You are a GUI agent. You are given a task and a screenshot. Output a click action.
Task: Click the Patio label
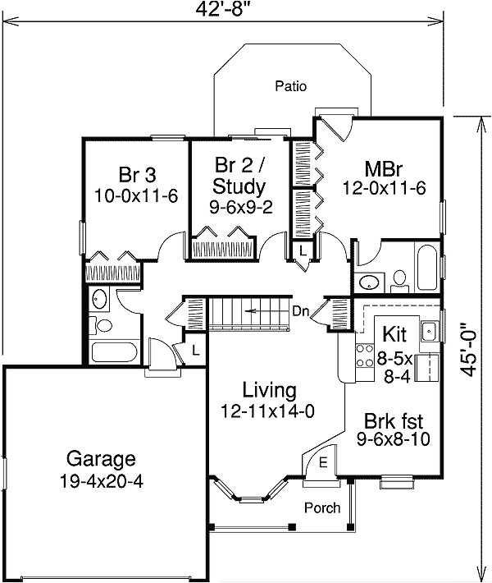pos(291,86)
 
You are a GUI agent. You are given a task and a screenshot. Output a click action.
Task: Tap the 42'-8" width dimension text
pos(221,9)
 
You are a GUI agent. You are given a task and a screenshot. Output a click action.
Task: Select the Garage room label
pos(101,459)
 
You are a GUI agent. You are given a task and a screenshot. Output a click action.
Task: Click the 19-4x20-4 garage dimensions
pos(101,482)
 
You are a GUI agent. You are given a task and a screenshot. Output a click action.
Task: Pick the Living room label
pos(270,390)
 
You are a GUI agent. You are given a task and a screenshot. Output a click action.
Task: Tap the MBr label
pos(384,169)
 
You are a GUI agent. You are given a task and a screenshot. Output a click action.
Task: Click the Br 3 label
pos(138,174)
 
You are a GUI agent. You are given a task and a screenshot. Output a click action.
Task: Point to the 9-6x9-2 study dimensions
pos(241,208)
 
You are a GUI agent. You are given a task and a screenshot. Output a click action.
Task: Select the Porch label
pos(322,507)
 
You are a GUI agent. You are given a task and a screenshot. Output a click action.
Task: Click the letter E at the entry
pos(323,462)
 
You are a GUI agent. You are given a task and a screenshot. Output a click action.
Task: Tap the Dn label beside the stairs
pos(300,311)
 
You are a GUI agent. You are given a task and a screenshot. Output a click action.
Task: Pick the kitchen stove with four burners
pos(365,356)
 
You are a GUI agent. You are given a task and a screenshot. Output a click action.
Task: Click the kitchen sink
pos(430,331)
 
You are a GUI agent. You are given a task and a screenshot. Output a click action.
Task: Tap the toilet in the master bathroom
pos(399,282)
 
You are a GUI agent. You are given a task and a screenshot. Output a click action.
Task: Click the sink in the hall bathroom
pos(99,300)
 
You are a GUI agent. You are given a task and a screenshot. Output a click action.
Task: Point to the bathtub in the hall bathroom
pos(115,352)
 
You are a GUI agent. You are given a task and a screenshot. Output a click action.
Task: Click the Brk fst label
pos(394,421)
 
